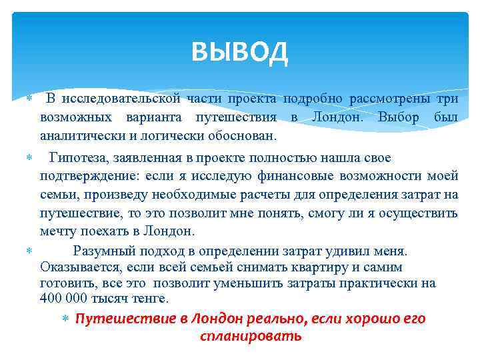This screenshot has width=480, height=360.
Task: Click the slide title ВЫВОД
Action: (x=239, y=51)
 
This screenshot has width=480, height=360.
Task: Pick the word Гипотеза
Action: (x=77, y=157)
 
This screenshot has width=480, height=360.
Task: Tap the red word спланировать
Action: (x=251, y=335)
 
